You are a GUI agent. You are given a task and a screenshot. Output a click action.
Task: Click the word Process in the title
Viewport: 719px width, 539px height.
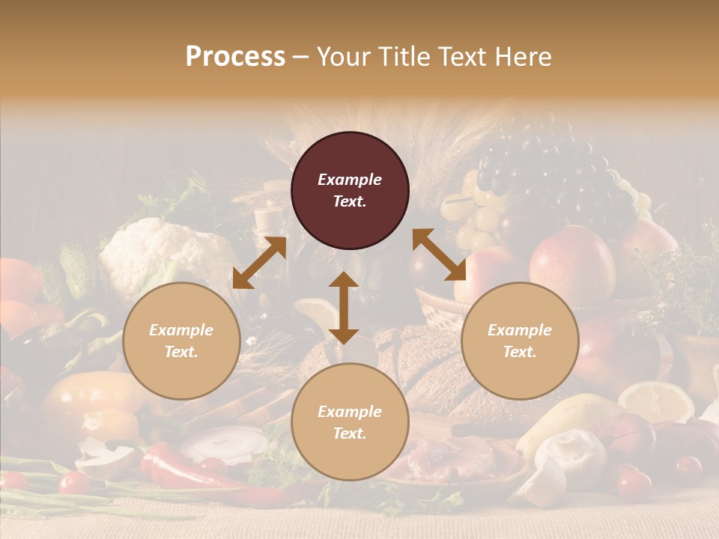coord(235,57)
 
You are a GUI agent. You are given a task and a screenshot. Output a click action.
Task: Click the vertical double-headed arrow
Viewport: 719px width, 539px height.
coord(344,308)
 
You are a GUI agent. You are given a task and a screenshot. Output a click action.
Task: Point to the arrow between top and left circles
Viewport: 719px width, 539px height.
coord(259,262)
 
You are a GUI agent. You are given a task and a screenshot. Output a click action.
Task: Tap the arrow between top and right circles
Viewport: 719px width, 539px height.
coord(440,255)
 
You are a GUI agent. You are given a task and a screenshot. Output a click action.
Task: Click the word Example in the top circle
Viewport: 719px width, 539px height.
coord(350,180)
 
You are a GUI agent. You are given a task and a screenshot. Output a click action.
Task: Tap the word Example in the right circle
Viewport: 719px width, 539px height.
coord(520,330)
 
